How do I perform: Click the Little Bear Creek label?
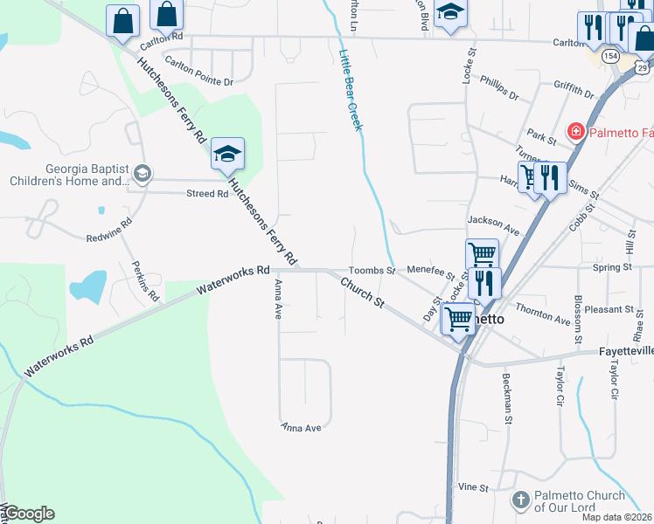click(350, 90)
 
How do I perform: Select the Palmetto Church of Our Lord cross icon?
click(520, 500)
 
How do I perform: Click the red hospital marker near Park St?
click(576, 133)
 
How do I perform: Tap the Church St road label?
click(362, 292)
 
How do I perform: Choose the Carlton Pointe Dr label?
click(199, 73)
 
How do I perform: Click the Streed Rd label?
click(207, 194)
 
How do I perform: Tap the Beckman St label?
click(507, 398)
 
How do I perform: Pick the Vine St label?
click(472, 486)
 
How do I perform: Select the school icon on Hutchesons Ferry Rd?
click(227, 155)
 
